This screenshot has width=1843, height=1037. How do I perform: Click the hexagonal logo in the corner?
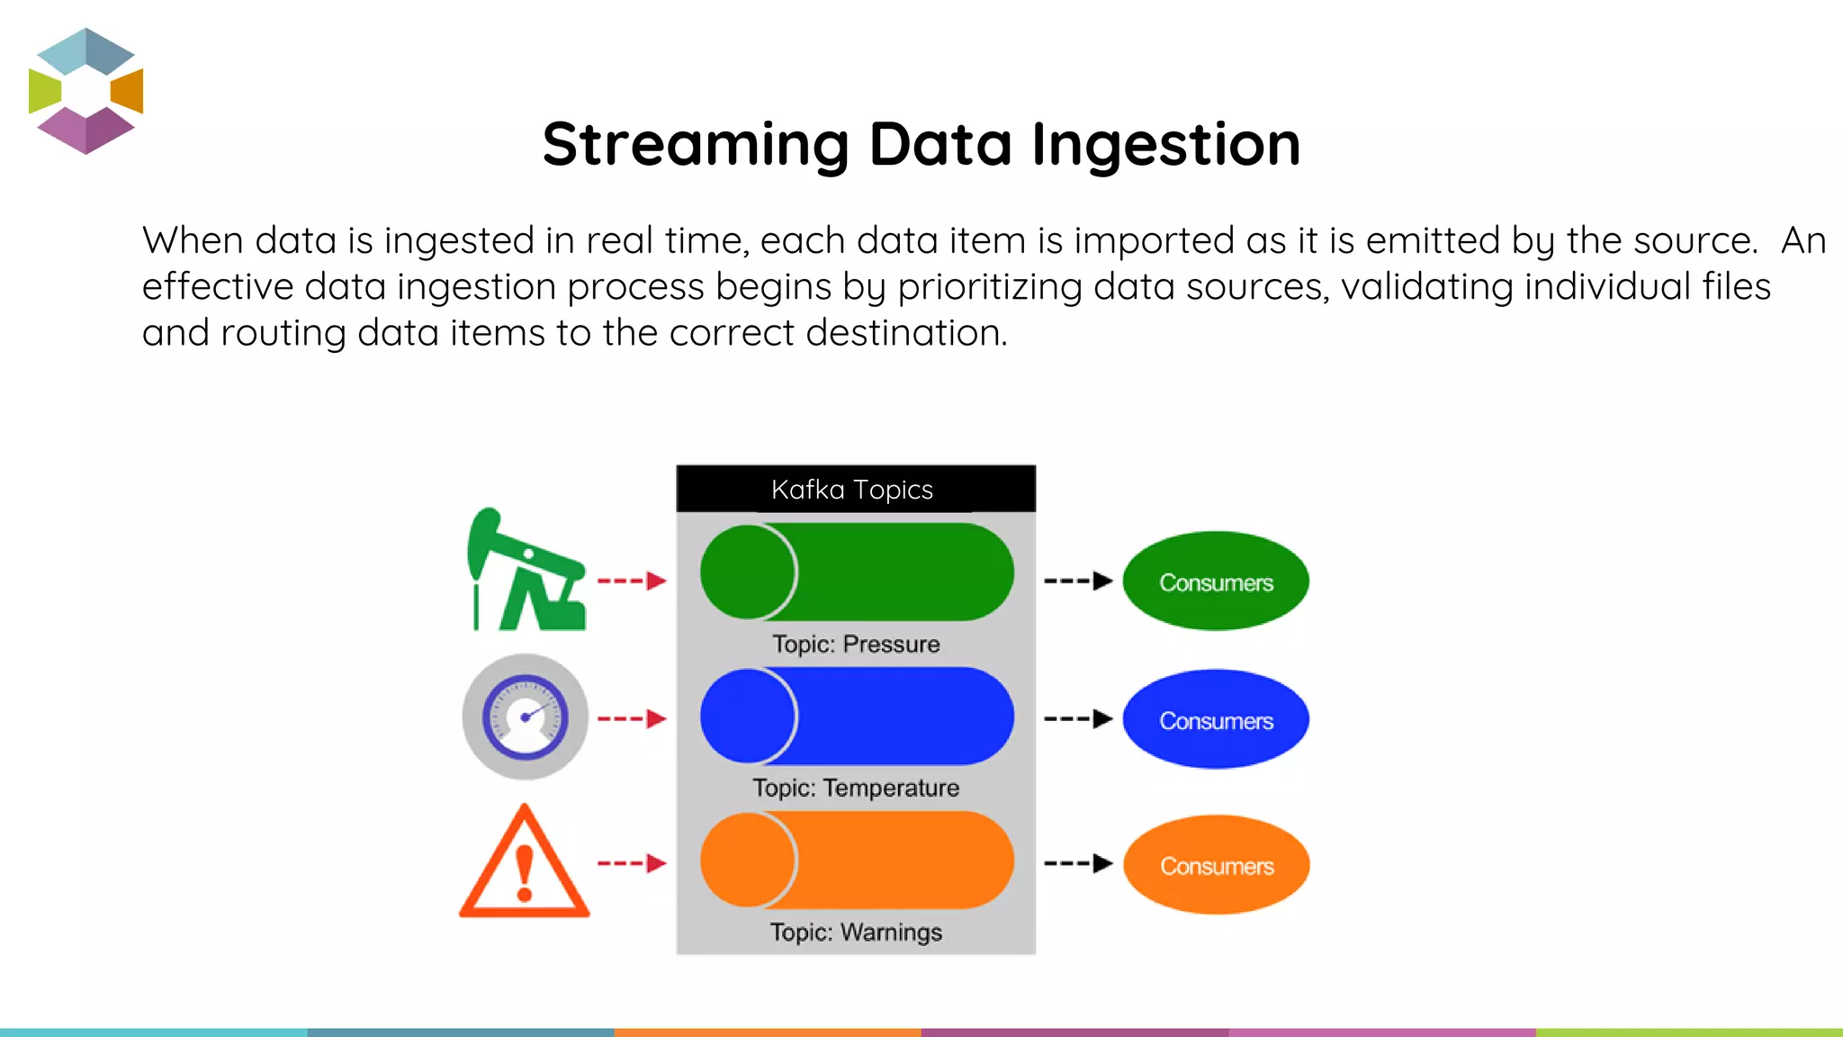coord(85,90)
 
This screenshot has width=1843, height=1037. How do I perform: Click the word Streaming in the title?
coord(696,145)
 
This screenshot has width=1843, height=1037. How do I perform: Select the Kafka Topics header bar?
coord(855,489)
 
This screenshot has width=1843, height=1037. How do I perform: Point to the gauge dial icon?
coord(525,717)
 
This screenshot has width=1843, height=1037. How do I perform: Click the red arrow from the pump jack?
coord(632,581)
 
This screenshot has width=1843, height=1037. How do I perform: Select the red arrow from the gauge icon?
coord(632,718)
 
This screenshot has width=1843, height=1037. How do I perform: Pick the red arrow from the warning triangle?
coord(632,863)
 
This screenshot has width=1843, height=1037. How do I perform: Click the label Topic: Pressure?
coord(856,645)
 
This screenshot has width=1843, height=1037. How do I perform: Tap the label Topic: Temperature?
coord(856,789)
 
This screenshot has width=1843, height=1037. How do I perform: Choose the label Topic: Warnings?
coord(856,933)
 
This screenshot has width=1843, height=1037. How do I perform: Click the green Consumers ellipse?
coord(1216,582)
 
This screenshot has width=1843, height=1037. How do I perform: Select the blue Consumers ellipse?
coord(1216,720)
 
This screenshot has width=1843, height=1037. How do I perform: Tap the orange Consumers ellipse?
coord(1216,865)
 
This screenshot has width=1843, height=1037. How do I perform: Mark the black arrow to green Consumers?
coord(1078,581)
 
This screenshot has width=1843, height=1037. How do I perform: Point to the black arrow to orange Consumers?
coord(1078,863)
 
